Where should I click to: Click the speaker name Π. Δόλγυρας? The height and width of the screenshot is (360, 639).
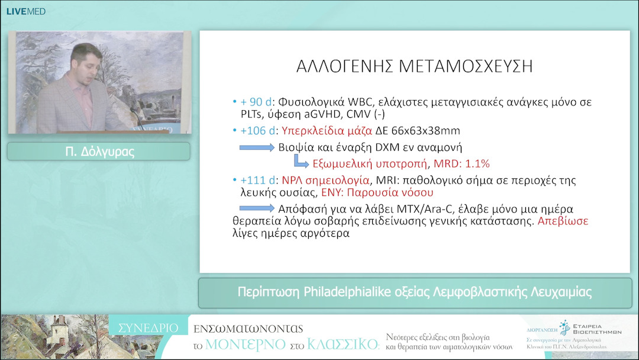click(x=99, y=152)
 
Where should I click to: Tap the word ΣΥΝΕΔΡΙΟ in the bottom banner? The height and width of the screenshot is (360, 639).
click(x=148, y=327)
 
